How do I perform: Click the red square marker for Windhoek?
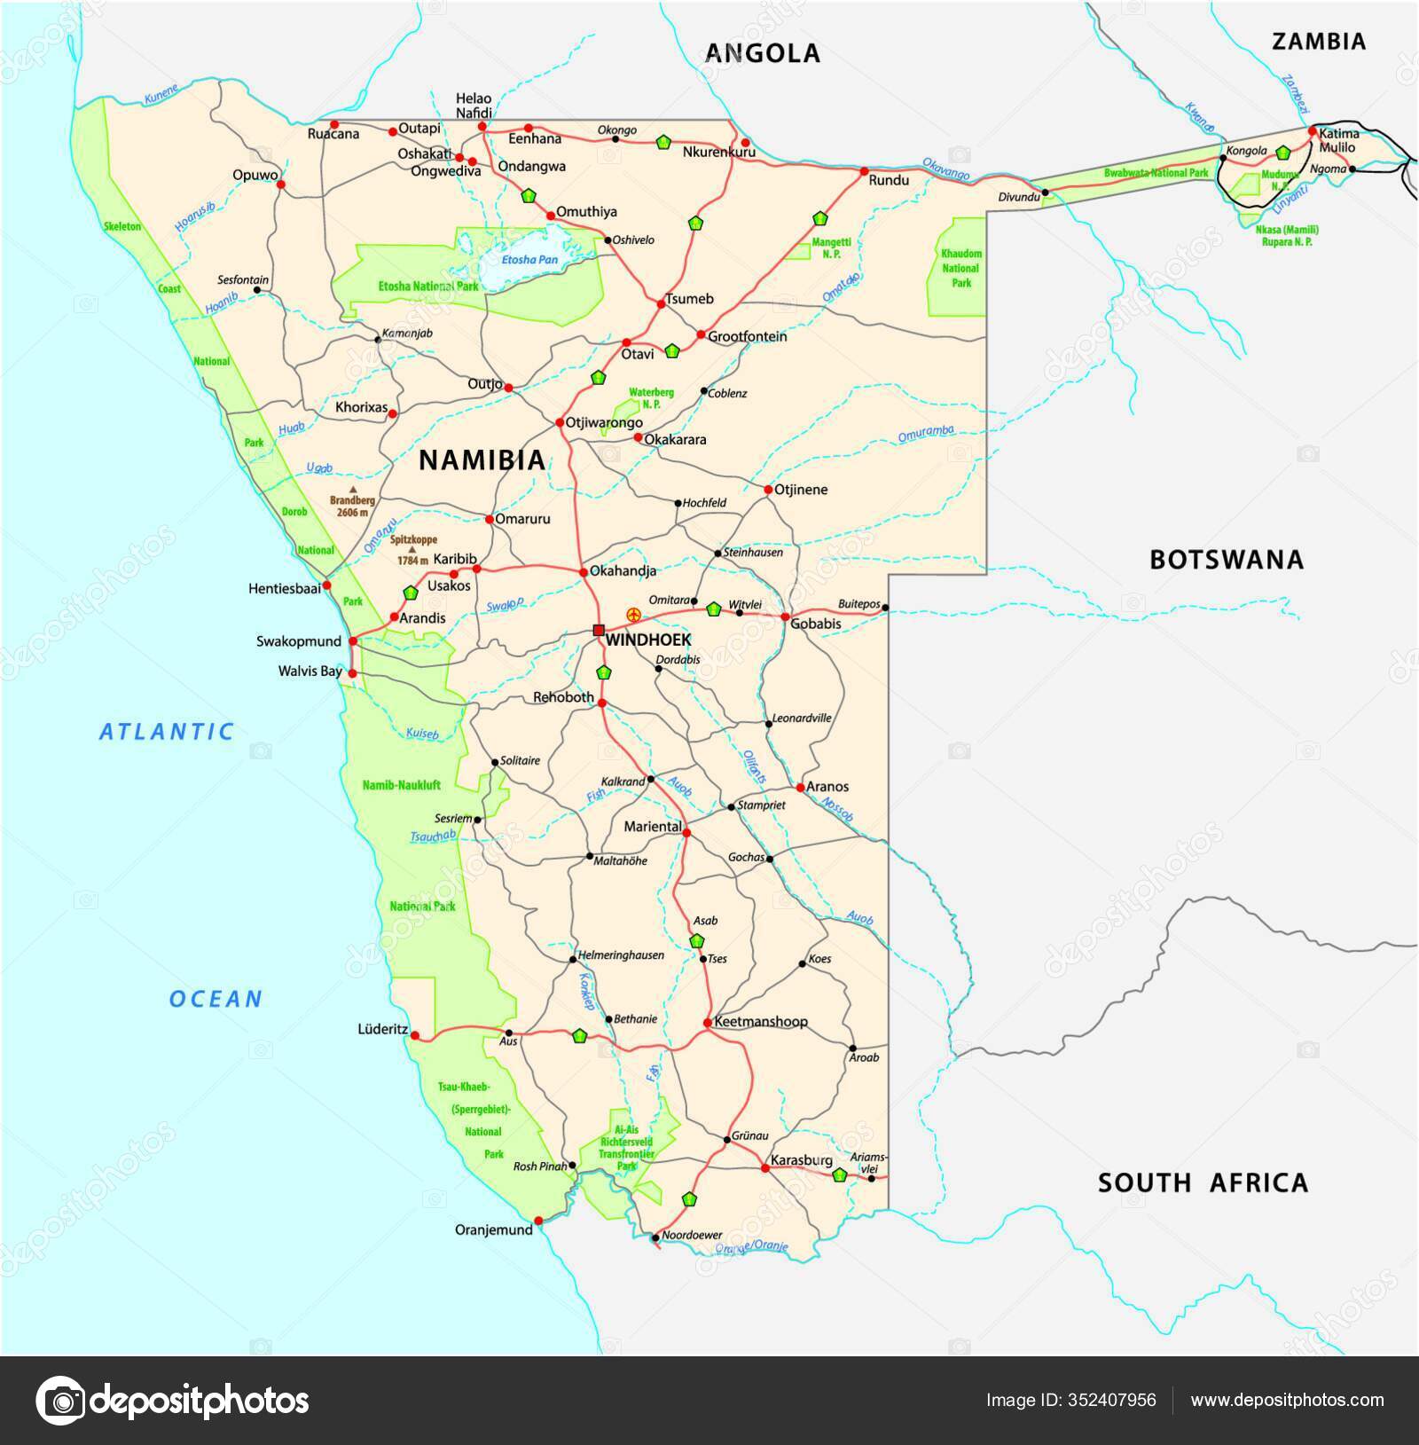point(599,630)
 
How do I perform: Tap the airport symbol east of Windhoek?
point(633,614)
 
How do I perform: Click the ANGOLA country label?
point(763,53)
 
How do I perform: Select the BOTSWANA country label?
point(1227,560)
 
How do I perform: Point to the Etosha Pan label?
point(530,260)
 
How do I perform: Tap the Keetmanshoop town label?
point(761,1022)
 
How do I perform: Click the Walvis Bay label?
point(310,671)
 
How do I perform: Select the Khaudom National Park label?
point(961,268)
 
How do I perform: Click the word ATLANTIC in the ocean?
point(167,732)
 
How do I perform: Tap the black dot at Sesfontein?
point(256,290)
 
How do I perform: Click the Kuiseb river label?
point(422,734)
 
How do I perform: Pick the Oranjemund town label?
point(493,1229)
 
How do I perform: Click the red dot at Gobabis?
point(785,616)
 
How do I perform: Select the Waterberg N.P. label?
point(652,397)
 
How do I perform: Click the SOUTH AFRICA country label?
point(1203,1182)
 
